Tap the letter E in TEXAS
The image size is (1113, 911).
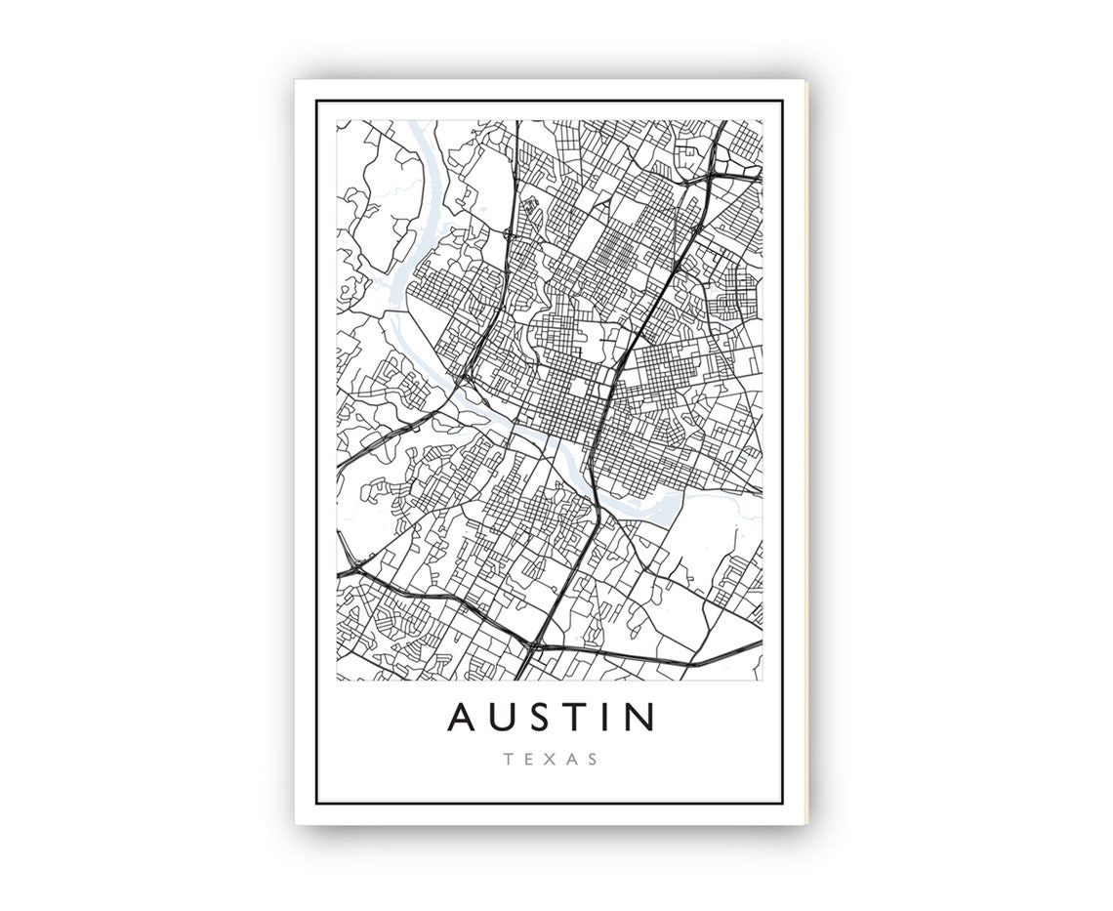pos(530,759)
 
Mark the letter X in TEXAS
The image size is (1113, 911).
pos(552,759)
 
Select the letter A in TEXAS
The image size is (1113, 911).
pos(573,759)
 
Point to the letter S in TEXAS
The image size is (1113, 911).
pos(595,759)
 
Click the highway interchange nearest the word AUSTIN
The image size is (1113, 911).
pos(533,645)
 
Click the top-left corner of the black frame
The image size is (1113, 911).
pos(318,102)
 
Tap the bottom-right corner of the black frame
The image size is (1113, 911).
pos(782,804)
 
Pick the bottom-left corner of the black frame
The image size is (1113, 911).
pos(318,804)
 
